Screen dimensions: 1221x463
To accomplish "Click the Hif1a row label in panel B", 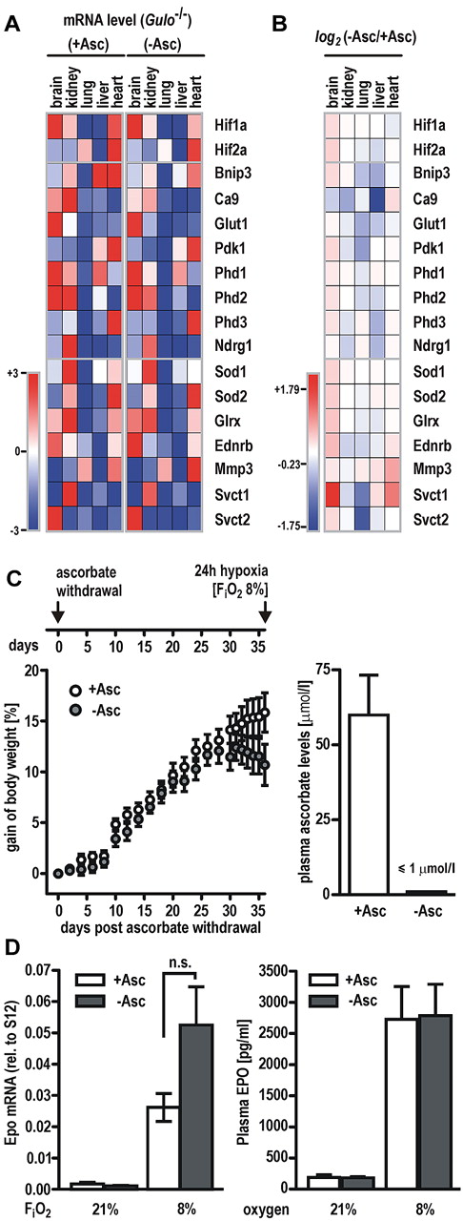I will pyautogui.click(x=433, y=124).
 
